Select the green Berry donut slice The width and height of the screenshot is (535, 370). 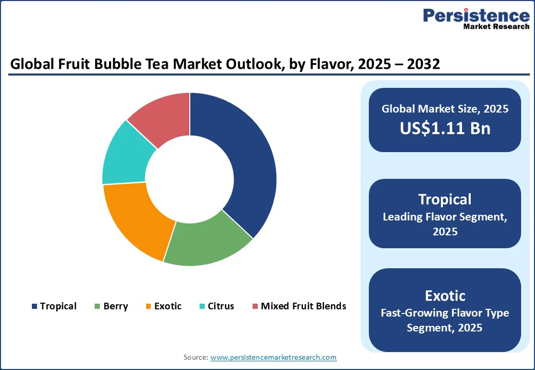tap(206, 244)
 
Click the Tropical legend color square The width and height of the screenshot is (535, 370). tap(34, 306)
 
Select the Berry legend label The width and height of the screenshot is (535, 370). tap(115, 306)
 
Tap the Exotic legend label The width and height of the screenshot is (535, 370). tap(168, 306)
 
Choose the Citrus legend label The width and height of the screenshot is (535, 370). tap(221, 306)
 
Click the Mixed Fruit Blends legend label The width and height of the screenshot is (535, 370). tap(303, 306)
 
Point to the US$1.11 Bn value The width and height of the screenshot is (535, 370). tap(445, 128)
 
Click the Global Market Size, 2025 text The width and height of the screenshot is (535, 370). tap(445, 109)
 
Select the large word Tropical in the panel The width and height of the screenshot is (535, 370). tap(445, 199)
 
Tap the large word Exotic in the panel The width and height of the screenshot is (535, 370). tap(445, 296)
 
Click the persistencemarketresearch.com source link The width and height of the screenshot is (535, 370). tap(273, 357)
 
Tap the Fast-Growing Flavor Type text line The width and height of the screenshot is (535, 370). tap(445, 312)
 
